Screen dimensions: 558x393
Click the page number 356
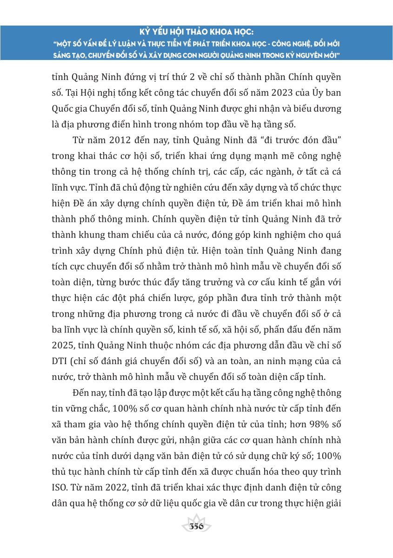coord(196,526)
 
